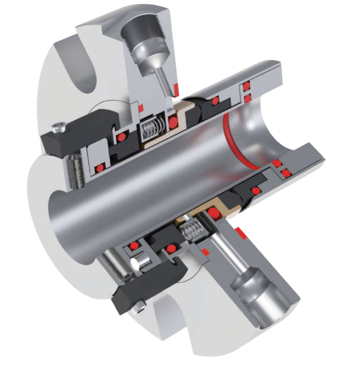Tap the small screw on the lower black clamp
[141, 305]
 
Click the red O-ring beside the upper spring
[173, 123]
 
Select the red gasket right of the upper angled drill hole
[176, 90]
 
